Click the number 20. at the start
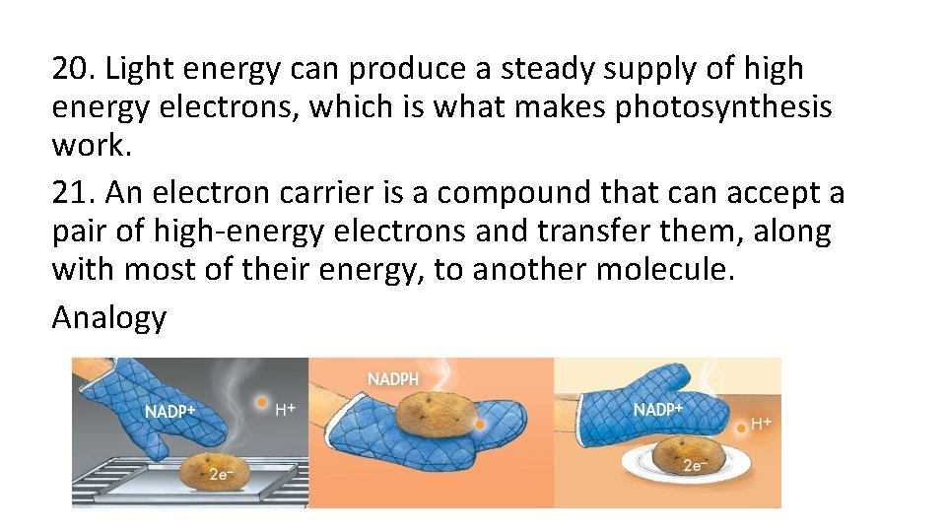[x=74, y=69]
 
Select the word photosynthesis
[x=723, y=106]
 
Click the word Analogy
[x=109, y=317]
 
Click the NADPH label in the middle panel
[x=393, y=379]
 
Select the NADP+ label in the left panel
[x=170, y=412]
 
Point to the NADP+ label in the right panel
[x=658, y=409]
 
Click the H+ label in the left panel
[x=286, y=407]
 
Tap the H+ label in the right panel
[x=762, y=424]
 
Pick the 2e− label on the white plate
[x=695, y=466]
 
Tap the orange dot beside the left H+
[x=260, y=401]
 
